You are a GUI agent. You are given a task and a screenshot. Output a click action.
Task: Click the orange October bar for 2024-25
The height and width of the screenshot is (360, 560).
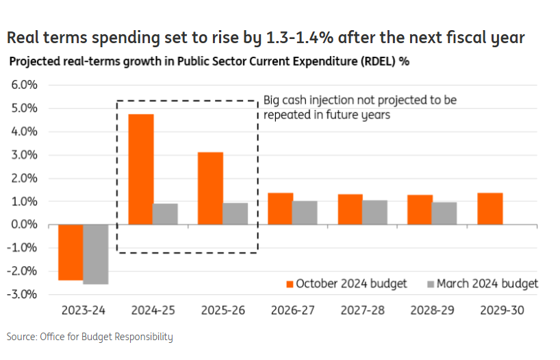pyautogui.click(x=141, y=169)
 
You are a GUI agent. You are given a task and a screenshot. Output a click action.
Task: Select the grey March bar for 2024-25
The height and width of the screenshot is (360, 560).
pyautogui.click(x=165, y=214)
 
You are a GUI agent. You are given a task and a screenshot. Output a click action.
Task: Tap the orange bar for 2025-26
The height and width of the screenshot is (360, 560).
pyautogui.click(x=211, y=188)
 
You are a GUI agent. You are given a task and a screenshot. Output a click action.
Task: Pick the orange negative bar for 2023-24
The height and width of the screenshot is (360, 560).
pyautogui.click(x=71, y=253)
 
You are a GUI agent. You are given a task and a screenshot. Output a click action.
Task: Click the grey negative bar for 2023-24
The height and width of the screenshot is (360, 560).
pyautogui.click(x=95, y=254)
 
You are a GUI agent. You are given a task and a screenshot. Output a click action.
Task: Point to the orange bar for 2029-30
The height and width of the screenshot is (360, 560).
pyautogui.click(x=490, y=209)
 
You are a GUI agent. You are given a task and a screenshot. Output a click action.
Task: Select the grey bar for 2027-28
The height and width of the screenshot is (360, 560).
pyautogui.click(x=374, y=213)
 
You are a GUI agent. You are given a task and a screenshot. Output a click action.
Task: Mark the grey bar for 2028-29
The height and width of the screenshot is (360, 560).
pyautogui.click(x=444, y=214)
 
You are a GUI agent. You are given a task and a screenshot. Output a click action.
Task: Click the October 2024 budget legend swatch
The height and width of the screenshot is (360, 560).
pyautogui.click(x=290, y=283)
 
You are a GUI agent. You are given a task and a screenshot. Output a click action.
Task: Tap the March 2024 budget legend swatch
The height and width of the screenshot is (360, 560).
pyautogui.click(x=430, y=283)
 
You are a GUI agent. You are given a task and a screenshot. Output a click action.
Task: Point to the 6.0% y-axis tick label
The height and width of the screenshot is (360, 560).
pyautogui.click(x=23, y=86)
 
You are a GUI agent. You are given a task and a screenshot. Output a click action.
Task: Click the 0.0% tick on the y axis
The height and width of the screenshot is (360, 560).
pyautogui.click(x=23, y=224)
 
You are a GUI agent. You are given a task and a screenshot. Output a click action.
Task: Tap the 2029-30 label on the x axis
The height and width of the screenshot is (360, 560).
pyautogui.click(x=502, y=310)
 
